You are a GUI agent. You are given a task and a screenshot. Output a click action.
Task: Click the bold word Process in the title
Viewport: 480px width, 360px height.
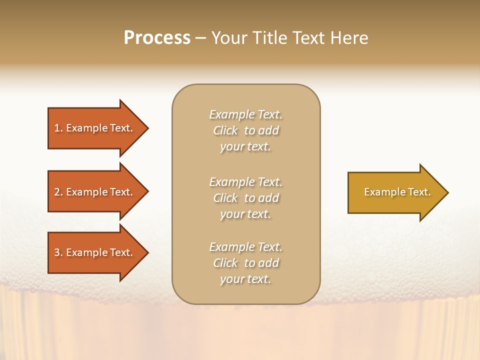tap(157, 38)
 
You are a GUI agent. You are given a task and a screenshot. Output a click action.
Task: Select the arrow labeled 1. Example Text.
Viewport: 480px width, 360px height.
tap(95, 128)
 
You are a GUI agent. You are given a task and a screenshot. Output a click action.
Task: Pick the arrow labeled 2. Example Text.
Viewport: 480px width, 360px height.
tap(95, 192)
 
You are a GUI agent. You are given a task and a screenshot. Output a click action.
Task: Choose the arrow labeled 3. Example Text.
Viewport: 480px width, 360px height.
tap(95, 252)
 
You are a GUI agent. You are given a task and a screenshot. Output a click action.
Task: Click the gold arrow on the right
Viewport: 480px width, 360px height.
tap(395, 192)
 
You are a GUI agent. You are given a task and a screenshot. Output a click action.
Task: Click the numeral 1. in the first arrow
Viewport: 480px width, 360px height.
tap(58, 128)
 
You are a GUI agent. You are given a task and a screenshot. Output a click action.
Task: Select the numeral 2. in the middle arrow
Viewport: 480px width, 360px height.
tap(58, 192)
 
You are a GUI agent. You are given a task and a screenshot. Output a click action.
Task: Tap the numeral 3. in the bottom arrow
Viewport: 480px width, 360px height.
tap(58, 252)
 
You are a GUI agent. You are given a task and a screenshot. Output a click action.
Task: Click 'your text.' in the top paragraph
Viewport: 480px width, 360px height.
tap(245, 147)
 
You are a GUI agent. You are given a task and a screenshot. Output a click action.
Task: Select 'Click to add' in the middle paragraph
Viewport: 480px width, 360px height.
tap(245, 198)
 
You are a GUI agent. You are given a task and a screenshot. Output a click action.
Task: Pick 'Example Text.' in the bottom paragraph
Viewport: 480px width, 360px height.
tap(245, 247)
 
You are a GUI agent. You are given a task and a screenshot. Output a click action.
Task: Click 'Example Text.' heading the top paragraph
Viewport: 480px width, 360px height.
tap(245, 114)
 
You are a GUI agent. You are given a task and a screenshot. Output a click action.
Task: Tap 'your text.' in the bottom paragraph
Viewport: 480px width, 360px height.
tap(245, 279)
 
